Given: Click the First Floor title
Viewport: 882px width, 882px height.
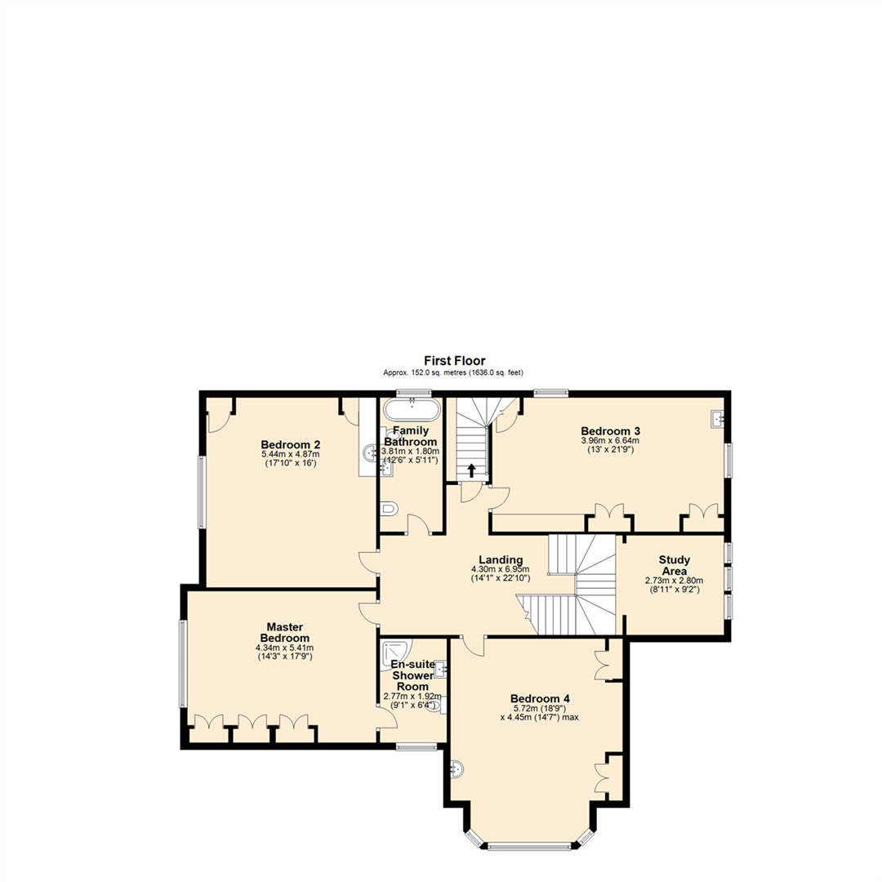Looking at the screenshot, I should (454, 360).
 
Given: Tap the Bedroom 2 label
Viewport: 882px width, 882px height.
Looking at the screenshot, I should (290, 444).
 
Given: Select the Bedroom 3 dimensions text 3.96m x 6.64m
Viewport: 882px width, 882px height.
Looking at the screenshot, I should (610, 441).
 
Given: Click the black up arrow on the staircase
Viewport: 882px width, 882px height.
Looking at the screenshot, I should (471, 470).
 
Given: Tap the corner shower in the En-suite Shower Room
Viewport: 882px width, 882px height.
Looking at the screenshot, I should (396, 651).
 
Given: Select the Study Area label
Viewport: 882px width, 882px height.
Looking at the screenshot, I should (675, 565).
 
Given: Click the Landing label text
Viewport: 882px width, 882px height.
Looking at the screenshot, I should (501, 559).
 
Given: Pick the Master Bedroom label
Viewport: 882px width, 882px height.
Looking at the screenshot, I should (284, 632).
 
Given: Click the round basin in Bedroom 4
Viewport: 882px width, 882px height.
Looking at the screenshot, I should (458, 768).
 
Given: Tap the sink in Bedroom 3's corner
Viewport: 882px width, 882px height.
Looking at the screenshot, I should (719, 419).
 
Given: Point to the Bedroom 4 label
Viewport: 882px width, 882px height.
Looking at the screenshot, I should (540, 698).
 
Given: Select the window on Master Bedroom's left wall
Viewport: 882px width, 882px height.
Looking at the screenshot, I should (184, 663).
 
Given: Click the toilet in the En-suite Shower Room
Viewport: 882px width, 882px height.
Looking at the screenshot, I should (436, 705).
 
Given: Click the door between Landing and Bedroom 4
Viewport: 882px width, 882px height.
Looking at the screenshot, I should (472, 645).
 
